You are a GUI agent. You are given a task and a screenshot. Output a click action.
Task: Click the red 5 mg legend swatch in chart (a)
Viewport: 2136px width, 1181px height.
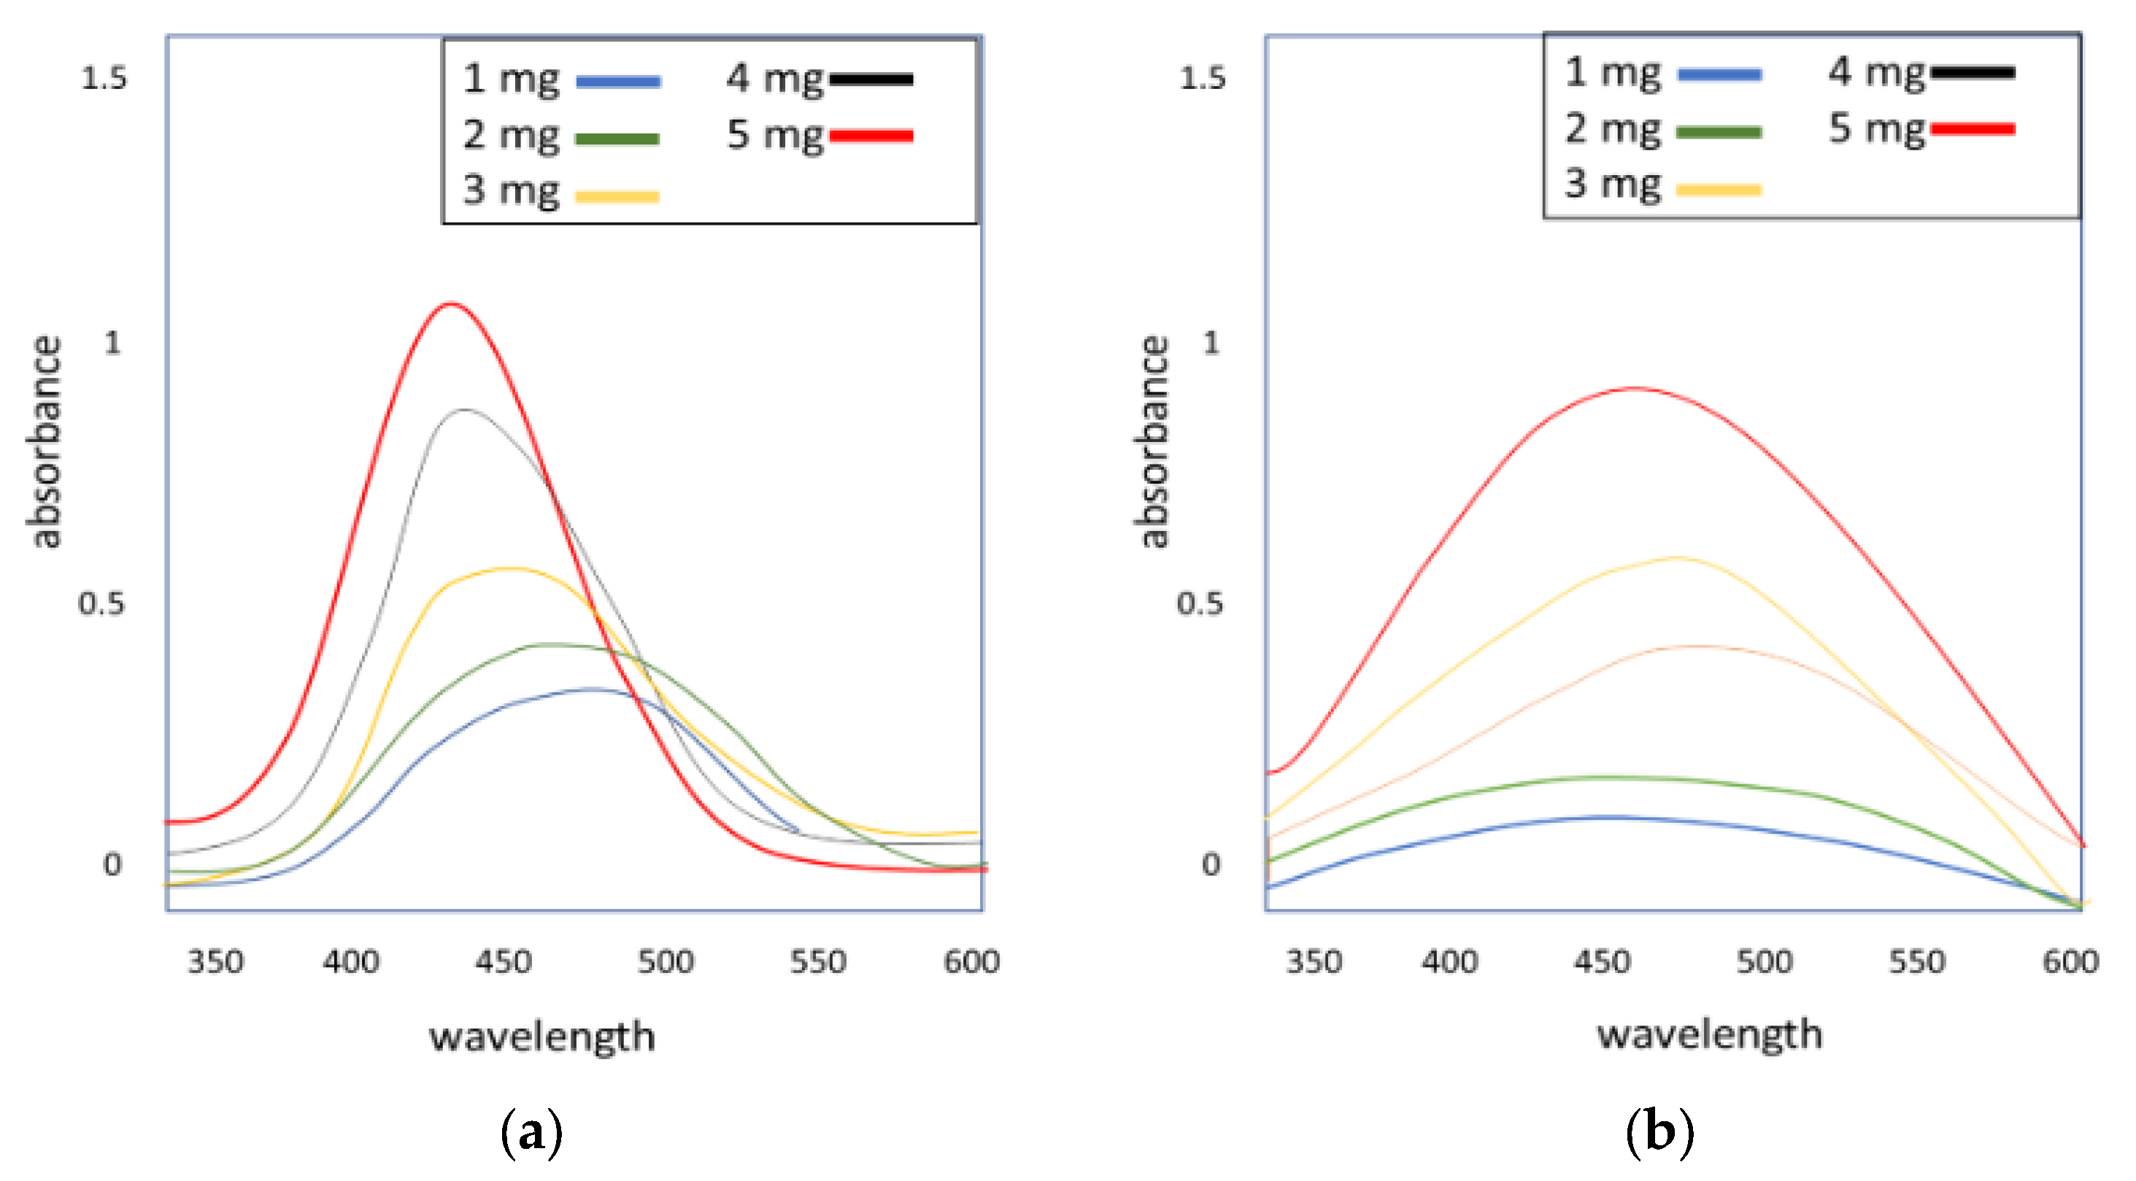(x=871, y=136)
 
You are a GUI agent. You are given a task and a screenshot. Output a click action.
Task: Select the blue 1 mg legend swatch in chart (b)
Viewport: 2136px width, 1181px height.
(x=1719, y=74)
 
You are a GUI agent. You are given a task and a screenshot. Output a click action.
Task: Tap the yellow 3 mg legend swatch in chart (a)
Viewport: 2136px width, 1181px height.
(x=617, y=196)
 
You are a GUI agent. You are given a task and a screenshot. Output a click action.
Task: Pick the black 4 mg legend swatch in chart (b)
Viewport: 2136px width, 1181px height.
(x=1973, y=73)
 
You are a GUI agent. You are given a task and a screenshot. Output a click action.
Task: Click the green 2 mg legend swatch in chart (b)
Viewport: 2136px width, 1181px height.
(x=1719, y=132)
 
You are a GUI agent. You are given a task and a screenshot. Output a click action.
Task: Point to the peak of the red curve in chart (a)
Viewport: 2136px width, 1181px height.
(x=450, y=304)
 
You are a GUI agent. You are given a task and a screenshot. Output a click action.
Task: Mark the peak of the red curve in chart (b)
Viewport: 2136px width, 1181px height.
(x=1633, y=388)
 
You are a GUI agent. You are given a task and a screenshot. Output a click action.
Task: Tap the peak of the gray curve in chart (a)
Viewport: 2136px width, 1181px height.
(x=463, y=409)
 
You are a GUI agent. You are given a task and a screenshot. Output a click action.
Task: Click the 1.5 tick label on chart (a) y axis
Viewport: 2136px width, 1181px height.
(x=104, y=78)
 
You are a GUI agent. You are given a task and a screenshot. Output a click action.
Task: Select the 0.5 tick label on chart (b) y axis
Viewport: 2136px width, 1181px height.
(x=1199, y=603)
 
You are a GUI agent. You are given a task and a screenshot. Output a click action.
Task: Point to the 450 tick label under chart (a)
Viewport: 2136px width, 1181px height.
(x=504, y=961)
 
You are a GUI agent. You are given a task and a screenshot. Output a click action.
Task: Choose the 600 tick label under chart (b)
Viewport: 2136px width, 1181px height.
(x=2070, y=961)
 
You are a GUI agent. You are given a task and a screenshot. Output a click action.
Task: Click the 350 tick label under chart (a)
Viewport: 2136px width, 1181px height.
(x=215, y=961)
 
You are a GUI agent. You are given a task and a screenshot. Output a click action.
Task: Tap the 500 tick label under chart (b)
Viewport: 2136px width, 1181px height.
(x=1764, y=961)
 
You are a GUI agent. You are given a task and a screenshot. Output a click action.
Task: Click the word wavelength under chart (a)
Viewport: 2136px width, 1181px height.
(x=541, y=1037)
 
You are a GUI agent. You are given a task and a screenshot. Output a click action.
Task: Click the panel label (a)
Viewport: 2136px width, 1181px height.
(x=531, y=1132)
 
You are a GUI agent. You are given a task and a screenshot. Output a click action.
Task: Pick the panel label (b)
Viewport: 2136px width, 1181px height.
(x=1659, y=1132)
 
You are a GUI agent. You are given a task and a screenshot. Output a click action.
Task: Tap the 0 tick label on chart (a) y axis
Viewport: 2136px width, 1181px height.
(x=112, y=864)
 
